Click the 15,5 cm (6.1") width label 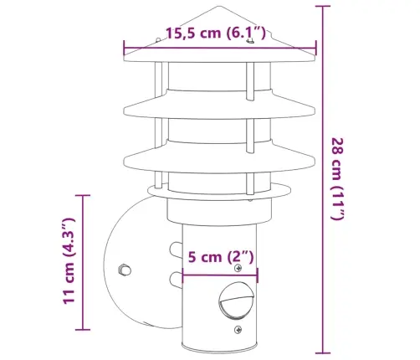click(216, 33)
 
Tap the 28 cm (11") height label click(338, 179)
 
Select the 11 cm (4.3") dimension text click(69, 261)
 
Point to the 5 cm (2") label click(221, 257)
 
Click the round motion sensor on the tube click(237, 301)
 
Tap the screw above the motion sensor click(238, 268)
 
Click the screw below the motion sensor click(238, 330)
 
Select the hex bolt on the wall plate click(125, 270)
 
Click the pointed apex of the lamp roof click(218, 6)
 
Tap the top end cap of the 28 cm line click(323, 6)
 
